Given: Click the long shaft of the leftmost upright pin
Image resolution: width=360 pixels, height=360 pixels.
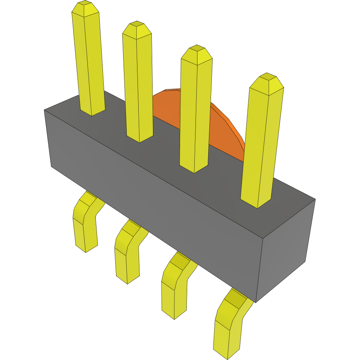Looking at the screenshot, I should click(x=89, y=60).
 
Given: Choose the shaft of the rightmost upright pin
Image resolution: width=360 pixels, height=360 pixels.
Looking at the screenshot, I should click(x=262, y=143).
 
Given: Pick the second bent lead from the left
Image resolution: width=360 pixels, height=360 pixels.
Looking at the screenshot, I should click(x=127, y=250).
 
